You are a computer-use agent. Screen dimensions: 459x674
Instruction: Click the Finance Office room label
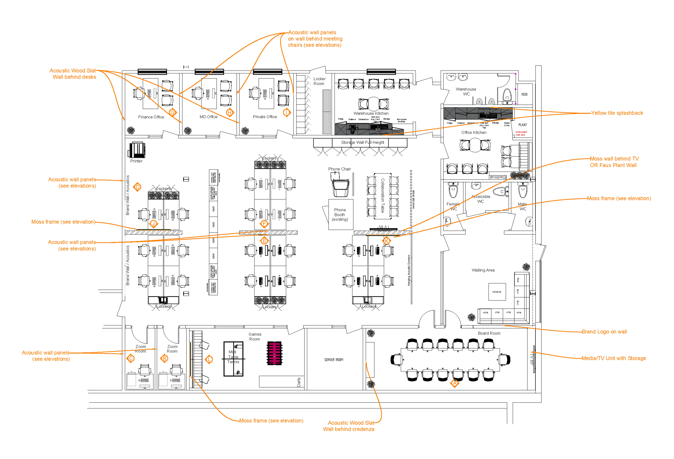coord(151,117)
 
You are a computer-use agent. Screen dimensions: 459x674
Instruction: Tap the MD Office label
coord(208,117)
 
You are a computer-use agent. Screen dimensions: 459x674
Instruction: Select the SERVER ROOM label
coord(334,359)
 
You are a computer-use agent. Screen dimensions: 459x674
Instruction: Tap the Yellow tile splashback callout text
coord(617,113)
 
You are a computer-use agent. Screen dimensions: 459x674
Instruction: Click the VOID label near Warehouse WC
coord(524,94)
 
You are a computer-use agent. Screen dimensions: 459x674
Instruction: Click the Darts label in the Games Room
coord(299,382)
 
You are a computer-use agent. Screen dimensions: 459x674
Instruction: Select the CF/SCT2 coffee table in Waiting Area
coord(497,292)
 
